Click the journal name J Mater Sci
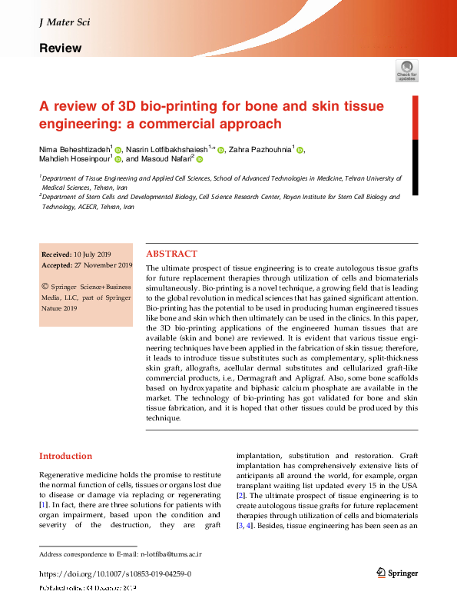pos(64,22)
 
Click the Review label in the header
pos(60,48)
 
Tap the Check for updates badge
pos(407,71)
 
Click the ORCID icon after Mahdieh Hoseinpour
pos(118,159)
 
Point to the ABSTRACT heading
pos(171,254)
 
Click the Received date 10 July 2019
pos(93,254)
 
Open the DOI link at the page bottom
pos(114,574)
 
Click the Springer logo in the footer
pos(396,573)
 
